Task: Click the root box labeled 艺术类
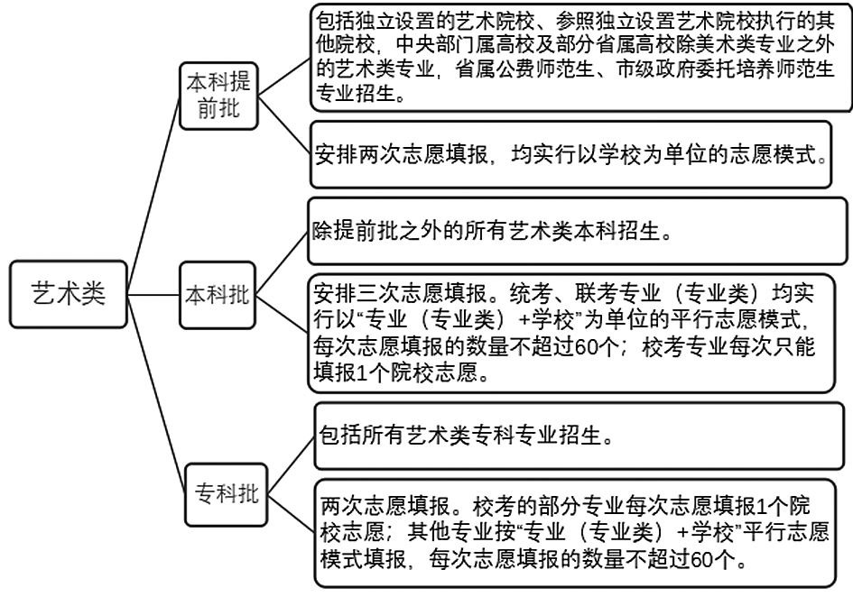(68, 294)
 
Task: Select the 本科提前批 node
(218, 96)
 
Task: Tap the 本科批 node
(218, 295)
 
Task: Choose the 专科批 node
(227, 494)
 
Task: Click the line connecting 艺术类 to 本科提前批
(153, 195)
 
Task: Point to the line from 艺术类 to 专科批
(157, 394)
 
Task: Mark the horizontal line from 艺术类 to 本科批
(153, 295)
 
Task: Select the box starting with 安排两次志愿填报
(570, 154)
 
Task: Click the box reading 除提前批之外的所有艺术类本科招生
(578, 231)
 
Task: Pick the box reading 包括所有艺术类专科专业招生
(579, 436)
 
